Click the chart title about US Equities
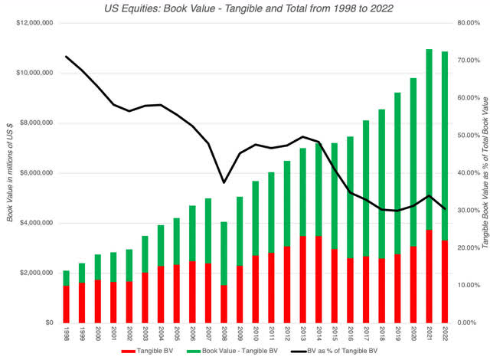(x=245, y=8)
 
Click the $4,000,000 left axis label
(x=32, y=223)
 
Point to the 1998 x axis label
(x=66, y=335)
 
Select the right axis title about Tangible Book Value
(x=485, y=172)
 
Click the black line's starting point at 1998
(x=66, y=57)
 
